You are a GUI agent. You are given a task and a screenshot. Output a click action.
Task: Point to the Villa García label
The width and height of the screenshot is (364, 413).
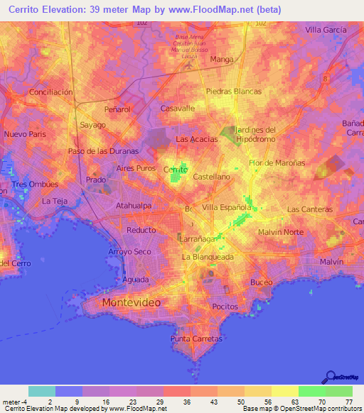tap(325, 30)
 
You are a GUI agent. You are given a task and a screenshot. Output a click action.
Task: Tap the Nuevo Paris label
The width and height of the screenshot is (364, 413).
tap(24, 134)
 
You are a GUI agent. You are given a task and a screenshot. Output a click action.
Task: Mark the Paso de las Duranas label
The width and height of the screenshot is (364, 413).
tap(102, 151)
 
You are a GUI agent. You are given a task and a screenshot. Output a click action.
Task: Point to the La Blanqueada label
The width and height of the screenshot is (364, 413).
tap(208, 257)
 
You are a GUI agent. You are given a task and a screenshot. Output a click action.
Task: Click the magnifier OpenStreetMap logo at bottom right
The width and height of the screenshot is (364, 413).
tap(329, 378)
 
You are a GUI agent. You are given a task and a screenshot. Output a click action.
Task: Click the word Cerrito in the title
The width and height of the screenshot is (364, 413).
tap(25, 10)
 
